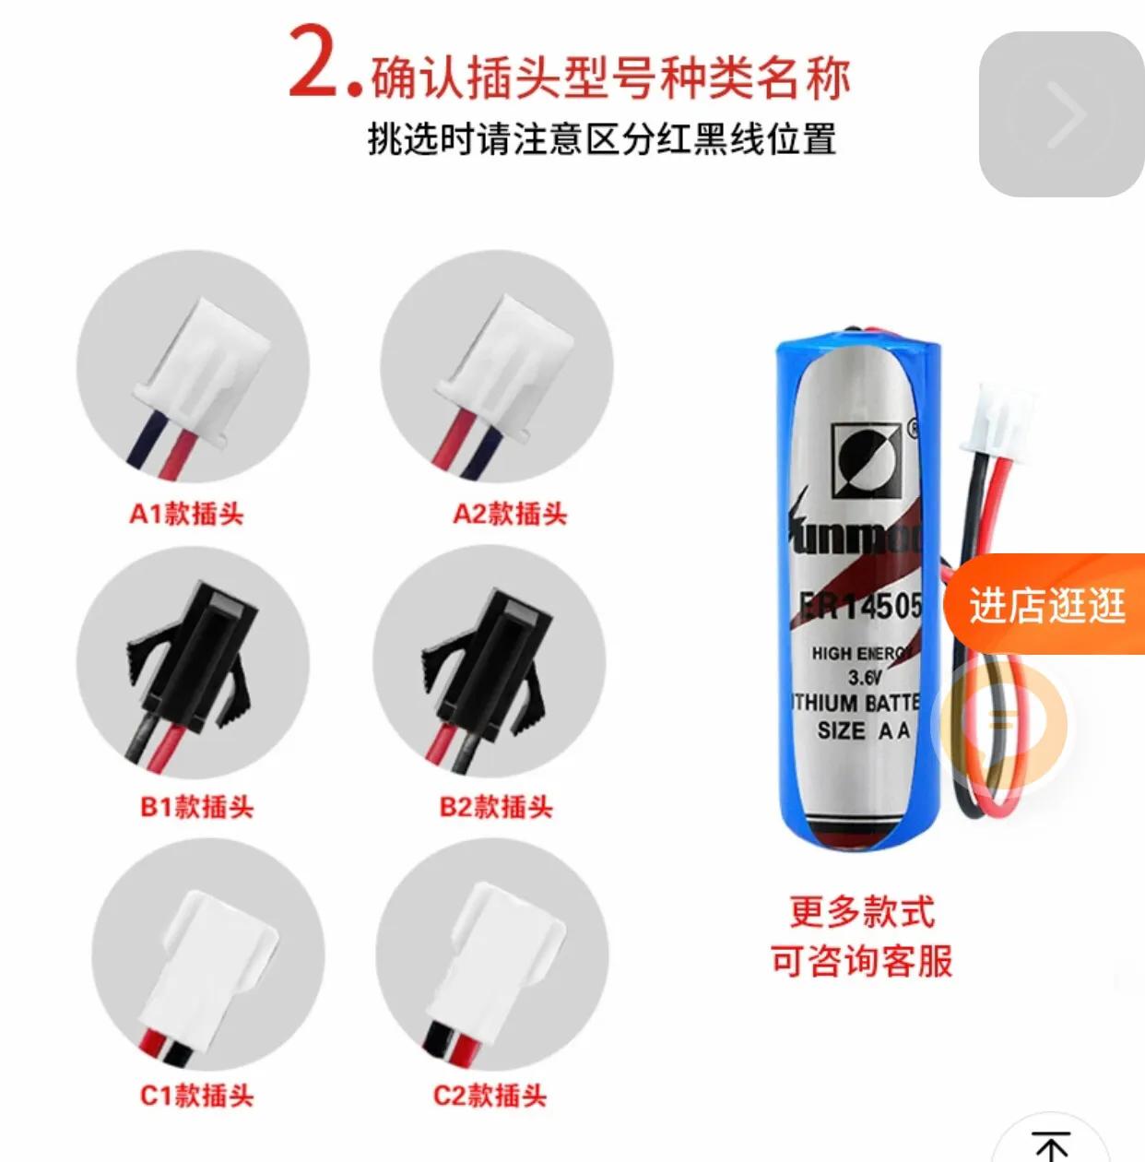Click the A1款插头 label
tap(186, 514)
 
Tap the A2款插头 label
tap(510, 514)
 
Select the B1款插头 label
tap(196, 807)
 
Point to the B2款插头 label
tap(496, 807)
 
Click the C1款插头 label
tap(196, 1095)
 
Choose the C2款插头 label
tap(490, 1095)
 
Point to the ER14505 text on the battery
tap(860, 606)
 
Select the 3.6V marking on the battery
tap(865, 677)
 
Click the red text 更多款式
tap(861, 913)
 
